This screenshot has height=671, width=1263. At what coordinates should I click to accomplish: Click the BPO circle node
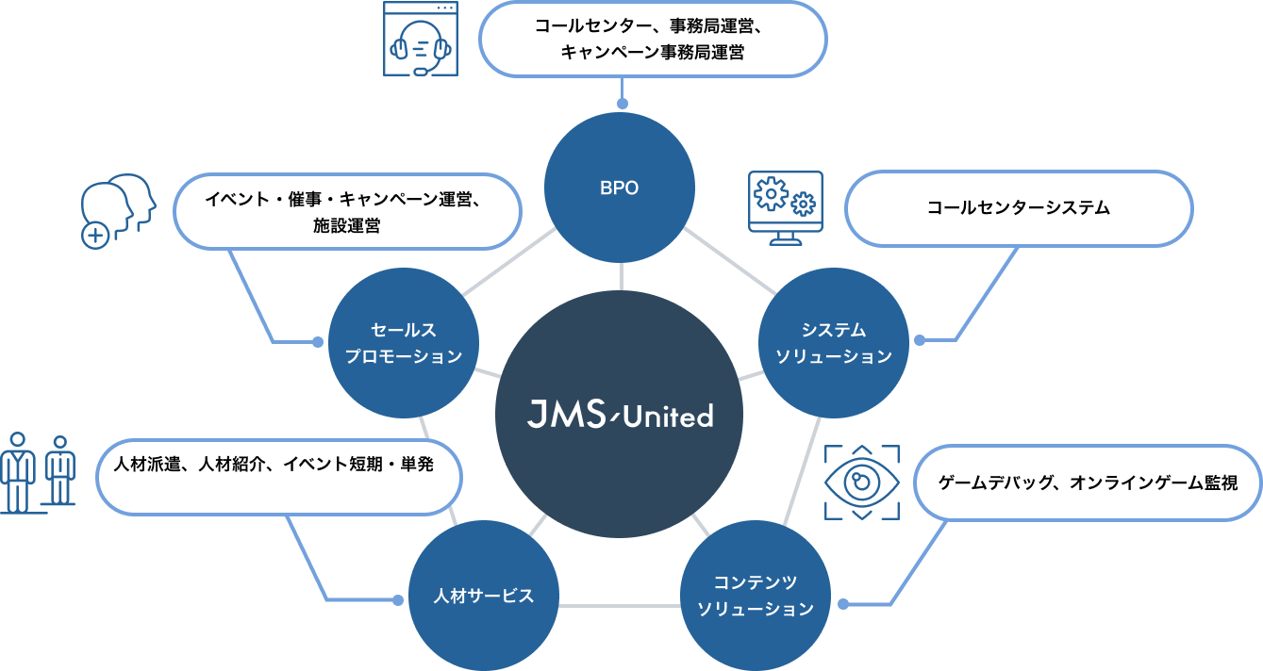[x=620, y=188]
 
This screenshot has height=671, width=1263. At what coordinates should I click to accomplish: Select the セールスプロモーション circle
[x=404, y=343]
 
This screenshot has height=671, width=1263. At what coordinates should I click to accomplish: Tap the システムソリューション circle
[x=834, y=343]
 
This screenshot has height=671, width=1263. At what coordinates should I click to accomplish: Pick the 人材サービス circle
[x=484, y=596]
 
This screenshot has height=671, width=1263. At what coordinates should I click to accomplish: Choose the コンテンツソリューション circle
[x=755, y=596]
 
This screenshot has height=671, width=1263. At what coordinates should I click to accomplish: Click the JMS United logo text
[x=619, y=415]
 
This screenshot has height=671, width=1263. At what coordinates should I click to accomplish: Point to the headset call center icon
[x=421, y=40]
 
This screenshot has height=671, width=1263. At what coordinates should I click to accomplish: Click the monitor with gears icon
[x=785, y=208]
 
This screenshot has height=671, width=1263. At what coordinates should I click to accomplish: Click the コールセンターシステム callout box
[x=1019, y=208]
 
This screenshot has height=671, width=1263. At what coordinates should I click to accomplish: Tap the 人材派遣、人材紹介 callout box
[x=279, y=477]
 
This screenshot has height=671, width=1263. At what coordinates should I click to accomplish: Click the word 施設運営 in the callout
[x=347, y=226]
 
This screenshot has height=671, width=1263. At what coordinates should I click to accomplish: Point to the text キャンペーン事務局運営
[x=652, y=53]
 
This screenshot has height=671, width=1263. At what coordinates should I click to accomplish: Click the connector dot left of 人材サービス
[x=397, y=599]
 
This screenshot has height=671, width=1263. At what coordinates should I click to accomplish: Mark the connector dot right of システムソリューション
[x=920, y=339]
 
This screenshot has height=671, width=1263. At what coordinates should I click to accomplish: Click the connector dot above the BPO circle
[x=622, y=104]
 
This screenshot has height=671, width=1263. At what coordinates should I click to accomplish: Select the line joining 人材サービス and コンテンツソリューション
[x=619, y=604]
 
